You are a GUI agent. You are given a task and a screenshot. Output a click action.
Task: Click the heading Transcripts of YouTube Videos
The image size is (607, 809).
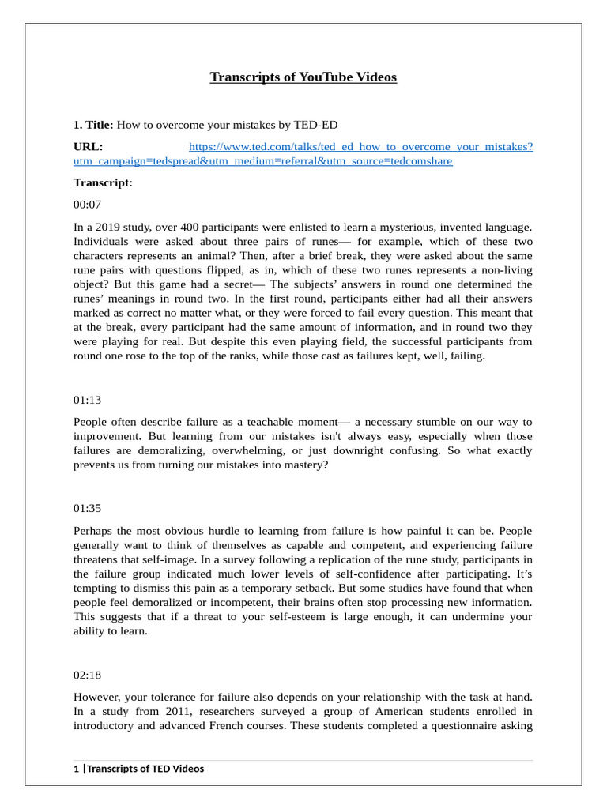point(303,77)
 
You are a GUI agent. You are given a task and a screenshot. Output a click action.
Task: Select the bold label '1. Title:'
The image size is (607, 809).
point(93,125)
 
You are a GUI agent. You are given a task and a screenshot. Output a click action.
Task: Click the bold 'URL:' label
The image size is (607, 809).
point(88,147)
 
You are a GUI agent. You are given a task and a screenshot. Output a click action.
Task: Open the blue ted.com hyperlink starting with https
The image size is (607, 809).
point(360,147)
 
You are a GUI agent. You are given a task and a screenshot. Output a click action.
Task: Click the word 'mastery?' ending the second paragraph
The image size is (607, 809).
point(303,465)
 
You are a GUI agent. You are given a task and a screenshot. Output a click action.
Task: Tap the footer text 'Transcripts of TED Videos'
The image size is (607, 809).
point(145,769)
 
